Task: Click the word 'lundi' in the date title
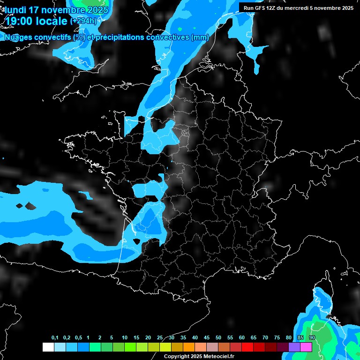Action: (15, 10)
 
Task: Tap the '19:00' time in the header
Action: (19, 21)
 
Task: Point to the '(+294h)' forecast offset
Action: (83, 21)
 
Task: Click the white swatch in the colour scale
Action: (48, 347)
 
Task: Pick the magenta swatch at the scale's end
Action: (306, 347)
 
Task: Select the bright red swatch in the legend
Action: (247, 347)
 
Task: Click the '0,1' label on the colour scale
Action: (55, 338)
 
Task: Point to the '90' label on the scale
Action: (312, 338)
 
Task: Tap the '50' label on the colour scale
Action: (218, 338)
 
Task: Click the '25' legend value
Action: (160, 338)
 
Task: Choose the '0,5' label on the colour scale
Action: (78, 338)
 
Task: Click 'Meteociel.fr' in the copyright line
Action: (219, 356)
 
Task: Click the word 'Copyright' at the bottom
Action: (176, 356)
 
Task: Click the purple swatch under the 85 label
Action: (294, 347)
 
